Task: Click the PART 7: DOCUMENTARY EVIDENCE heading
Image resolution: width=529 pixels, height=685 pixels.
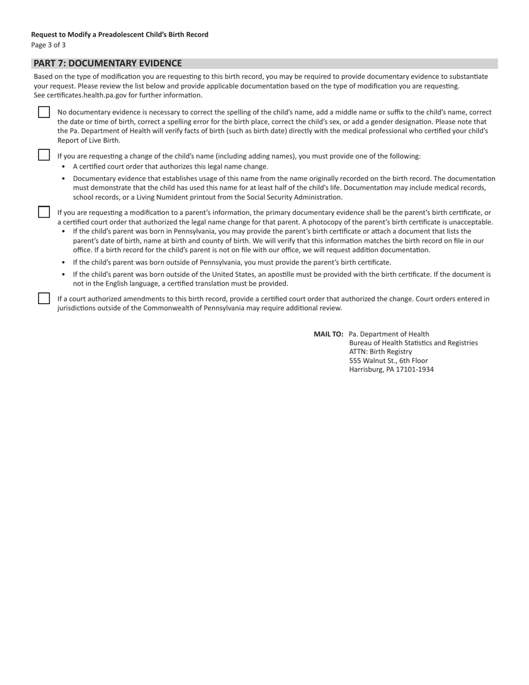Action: click(107, 63)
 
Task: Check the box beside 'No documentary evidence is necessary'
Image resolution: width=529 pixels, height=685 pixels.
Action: click(44, 112)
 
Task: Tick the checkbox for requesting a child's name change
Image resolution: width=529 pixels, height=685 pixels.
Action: click(44, 155)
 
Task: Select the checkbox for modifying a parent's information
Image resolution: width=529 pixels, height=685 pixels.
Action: click(44, 212)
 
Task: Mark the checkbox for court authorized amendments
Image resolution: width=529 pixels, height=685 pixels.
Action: click(44, 299)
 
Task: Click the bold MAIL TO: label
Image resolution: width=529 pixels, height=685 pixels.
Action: click(328, 334)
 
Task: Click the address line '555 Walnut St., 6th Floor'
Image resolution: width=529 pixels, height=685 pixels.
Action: click(388, 360)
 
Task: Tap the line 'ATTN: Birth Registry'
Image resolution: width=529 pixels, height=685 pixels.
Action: click(380, 351)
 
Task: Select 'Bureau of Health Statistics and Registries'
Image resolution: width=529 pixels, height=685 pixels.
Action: click(413, 343)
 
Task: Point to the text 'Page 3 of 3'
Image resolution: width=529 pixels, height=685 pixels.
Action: click(48, 45)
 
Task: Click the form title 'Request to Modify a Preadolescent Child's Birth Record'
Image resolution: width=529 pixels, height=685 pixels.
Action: click(120, 35)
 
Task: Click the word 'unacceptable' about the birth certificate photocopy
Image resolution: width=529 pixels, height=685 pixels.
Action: click(471, 222)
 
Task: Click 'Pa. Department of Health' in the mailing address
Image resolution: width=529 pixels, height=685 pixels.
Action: click(389, 334)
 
